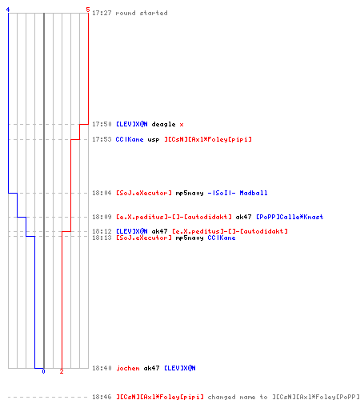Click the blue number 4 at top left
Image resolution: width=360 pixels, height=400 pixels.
click(8, 10)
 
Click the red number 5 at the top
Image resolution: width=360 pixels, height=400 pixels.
click(88, 10)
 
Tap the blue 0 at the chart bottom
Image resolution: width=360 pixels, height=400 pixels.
click(43, 371)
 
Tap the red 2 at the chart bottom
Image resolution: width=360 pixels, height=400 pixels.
click(62, 371)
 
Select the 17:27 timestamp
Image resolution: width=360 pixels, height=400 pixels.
click(102, 13)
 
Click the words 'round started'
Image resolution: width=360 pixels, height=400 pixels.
click(142, 13)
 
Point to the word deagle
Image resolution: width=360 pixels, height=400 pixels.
click(163, 124)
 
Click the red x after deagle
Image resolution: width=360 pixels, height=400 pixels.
click(182, 125)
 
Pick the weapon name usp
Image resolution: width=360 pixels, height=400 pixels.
click(154, 139)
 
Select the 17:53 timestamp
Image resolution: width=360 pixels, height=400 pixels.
click(102, 139)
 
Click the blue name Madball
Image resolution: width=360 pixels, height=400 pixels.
click(254, 193)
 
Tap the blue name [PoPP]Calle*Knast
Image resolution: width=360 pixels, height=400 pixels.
click(290, 217)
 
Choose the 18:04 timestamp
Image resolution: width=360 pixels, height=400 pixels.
click(102, 193)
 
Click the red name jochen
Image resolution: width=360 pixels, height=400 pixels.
click(128, 368)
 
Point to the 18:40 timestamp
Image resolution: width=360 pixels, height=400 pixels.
click(102, 368)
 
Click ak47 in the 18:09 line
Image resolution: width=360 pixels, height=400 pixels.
click(243, 217)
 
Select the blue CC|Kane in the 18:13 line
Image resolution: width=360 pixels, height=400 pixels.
click(222, 238)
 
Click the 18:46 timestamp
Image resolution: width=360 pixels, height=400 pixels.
click(102, 397)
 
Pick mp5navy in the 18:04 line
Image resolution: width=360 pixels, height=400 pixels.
click(190, 193)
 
